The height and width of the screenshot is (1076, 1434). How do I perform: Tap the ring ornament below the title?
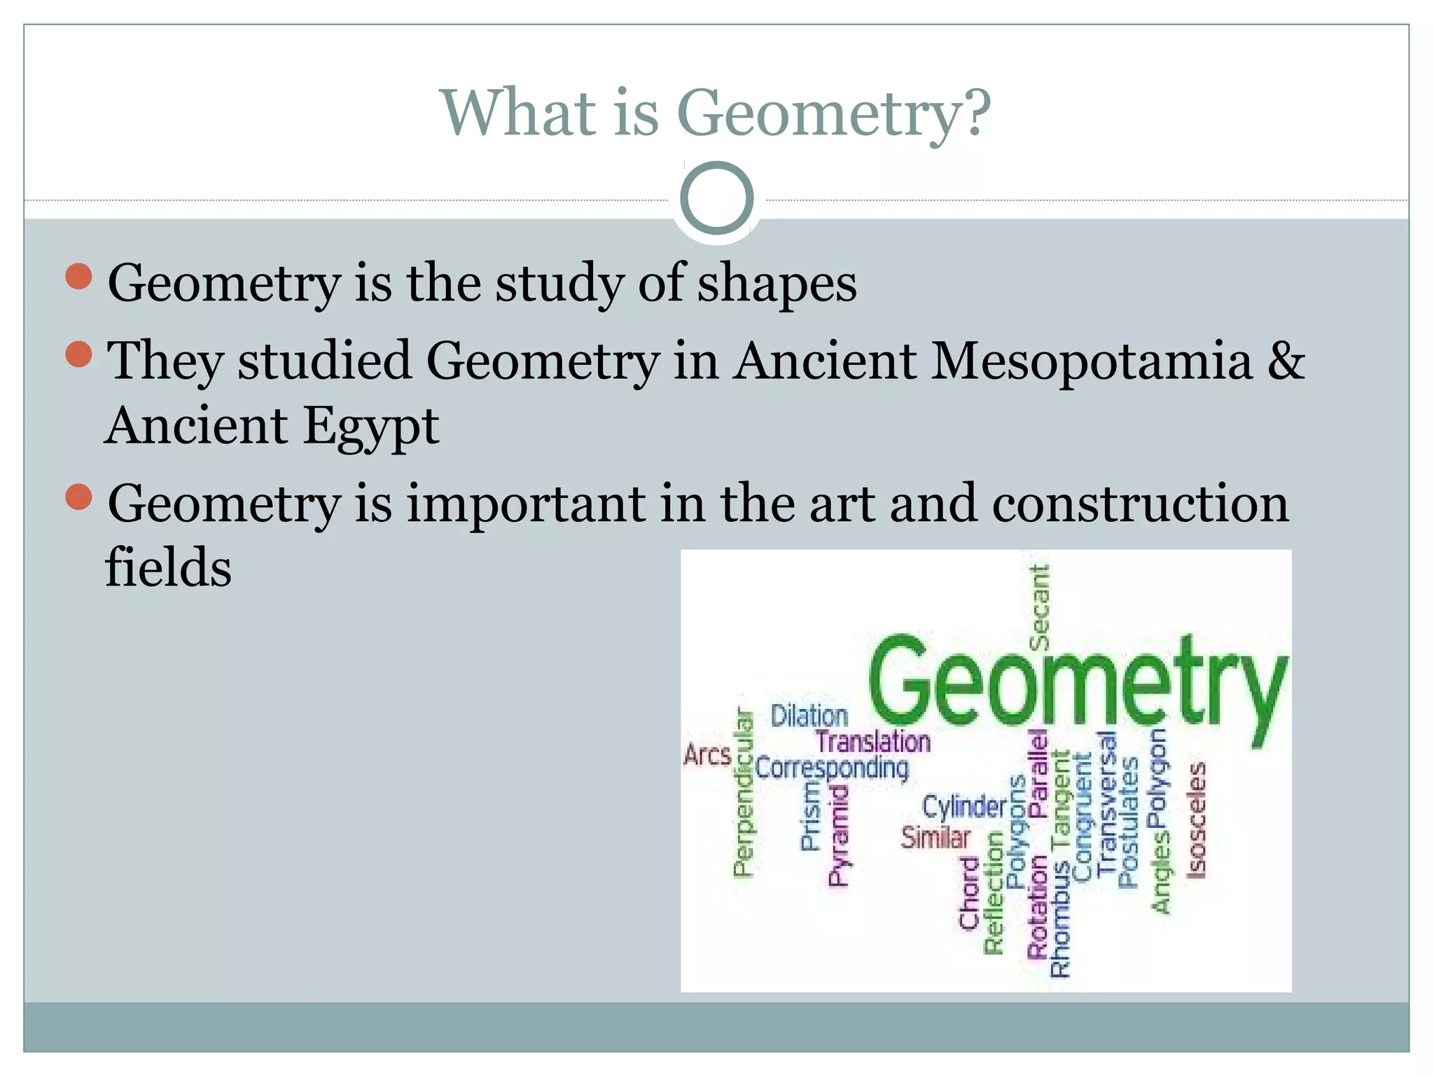pyautogui.click(x=716, y=198)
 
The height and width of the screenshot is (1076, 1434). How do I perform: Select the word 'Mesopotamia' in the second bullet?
pyautogui.click(x=1092, y=361)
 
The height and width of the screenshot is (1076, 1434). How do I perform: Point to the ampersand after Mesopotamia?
pyautogui.click(x=1286, y=361)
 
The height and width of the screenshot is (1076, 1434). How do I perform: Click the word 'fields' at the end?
pyautogui.click(x=168, y=567)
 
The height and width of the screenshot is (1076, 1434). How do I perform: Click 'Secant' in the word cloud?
pyautogui.click(x=1039, y=607)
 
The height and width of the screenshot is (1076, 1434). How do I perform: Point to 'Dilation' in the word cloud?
pyautogui.click(x=809, y=716)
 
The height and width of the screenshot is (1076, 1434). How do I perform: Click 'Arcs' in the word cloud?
pyautogui.click(x=707, y=755)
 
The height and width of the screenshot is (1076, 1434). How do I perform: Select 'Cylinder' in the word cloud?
pyautogui.click(x=964, y=807)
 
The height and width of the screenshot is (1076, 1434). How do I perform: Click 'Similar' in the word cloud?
pyautogui.click(x=935, y=837)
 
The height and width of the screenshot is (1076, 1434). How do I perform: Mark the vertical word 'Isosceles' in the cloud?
pyautogui.click(x=1197, y=820)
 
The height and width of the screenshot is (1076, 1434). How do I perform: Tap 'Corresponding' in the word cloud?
pyautogui.click(x=832, y=768)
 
